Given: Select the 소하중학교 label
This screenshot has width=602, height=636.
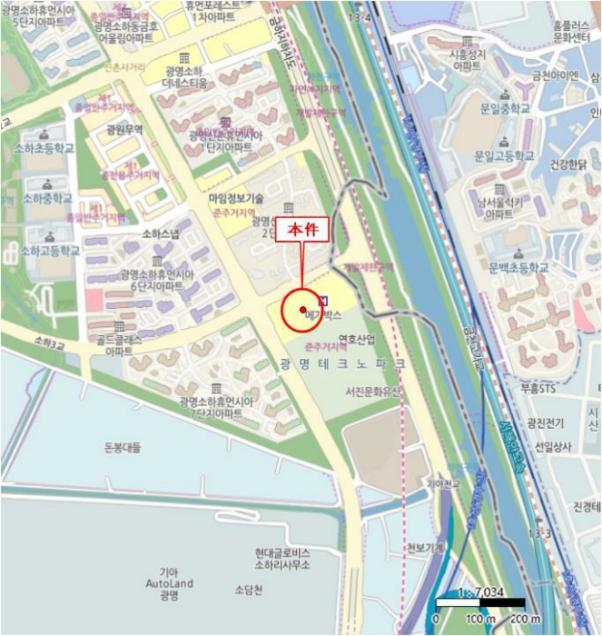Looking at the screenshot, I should pyautogui.click(x=47, y=197).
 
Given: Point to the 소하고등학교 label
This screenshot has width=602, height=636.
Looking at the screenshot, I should pyautogui.click(x=50, y=250).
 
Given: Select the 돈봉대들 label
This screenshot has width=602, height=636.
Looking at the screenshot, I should pyautogui.click(x=117, y=448).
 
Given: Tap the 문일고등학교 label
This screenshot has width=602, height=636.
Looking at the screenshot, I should pyautogui.click(x=506, y=155).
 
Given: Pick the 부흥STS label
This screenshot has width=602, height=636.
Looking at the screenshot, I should pyautogui.click(x=534, y=387).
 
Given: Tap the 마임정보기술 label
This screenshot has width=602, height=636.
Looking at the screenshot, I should pyautogui.click(x=236, y=197).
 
